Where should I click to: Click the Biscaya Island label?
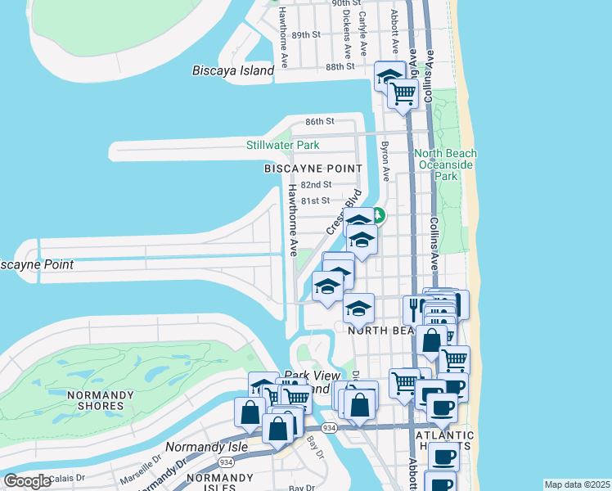pos(233,71)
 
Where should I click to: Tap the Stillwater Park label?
pos(283,146)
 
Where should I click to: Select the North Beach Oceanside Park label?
pos(446,164)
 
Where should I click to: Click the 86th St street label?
pos(320,121)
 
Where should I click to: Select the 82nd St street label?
pos(316,185)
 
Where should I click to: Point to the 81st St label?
pos(314,200)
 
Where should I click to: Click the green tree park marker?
pos(378,217)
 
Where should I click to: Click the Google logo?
pos(27,481)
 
